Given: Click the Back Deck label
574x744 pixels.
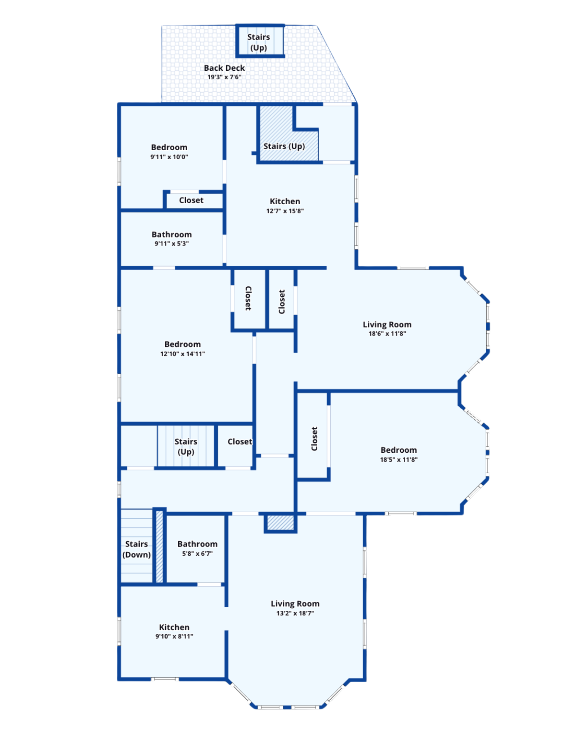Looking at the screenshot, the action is (224, 68).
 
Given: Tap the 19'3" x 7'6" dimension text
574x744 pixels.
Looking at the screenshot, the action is (224, 77).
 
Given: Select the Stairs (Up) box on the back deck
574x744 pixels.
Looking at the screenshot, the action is (260, 41).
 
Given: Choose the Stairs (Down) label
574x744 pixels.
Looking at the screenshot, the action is (136, 549).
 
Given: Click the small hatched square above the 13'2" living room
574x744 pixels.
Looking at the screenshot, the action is (280, 523).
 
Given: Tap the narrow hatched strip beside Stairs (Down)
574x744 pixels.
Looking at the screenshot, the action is (159, 546).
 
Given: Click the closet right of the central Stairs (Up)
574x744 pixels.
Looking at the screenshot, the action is (235, 446).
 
